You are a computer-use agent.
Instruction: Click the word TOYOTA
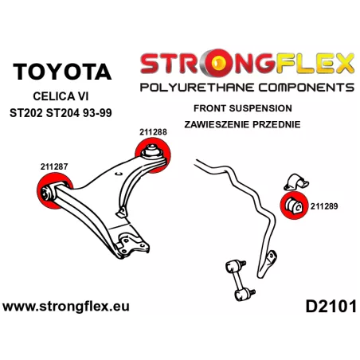coord(62,72)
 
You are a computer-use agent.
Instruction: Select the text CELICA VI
coord(61,96)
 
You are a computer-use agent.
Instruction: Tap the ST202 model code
coord(26,113)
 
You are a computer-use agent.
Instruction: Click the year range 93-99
coord(97,113)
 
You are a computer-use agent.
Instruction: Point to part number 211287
coord(54,166)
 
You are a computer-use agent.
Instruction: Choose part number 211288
coord(153,132)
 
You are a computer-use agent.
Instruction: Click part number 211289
coord(324,206)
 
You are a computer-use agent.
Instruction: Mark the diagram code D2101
coord(331,307)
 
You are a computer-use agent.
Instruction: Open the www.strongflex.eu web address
coord(66,307)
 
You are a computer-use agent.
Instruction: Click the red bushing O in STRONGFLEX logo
coord(217,63)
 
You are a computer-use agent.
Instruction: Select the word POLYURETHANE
coord(198,88)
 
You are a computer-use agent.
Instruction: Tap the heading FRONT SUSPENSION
coord(243,108)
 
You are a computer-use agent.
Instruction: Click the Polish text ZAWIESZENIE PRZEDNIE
coord(242,124)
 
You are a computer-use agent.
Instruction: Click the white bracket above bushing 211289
coord(296,182)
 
